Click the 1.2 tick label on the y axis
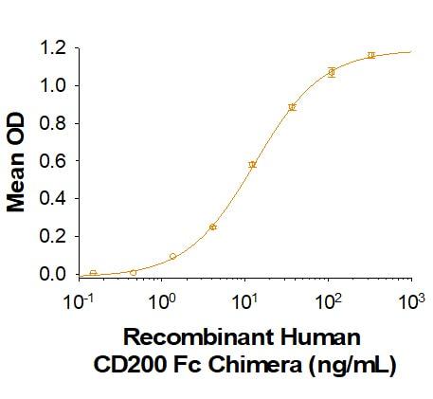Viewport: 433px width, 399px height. [53, 46]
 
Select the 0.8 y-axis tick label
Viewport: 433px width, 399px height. [53, 122]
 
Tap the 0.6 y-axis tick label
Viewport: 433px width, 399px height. [53, 160]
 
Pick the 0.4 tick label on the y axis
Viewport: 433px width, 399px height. [53, 198]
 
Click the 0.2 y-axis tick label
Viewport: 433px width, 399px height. [53, 236]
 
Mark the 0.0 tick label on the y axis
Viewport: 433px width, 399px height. [53, 274]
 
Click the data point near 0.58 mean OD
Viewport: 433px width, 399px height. [252, 164]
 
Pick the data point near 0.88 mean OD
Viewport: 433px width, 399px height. [292, 107]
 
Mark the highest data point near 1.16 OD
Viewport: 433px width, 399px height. [371, 55]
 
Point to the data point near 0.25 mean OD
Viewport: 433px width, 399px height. [213, 227]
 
